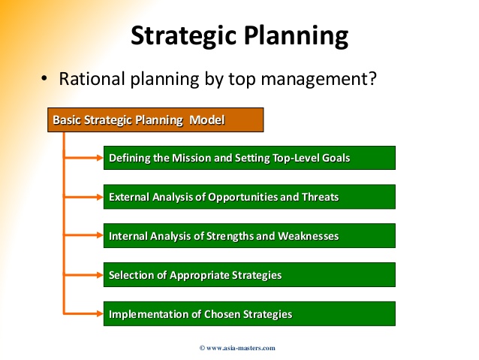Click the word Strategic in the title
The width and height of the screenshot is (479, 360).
click(x=184, y=36)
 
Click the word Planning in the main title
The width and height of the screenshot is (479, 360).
click(x=296, y=36)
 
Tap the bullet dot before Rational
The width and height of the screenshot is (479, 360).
click(x=44, y=79)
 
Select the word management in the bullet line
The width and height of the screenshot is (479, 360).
click(x=315, y=80)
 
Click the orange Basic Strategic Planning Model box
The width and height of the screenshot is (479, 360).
click(x=155, y=120)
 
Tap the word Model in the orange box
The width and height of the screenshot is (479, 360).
click(x=206, y=120)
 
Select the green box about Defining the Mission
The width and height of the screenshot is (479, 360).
click(x=249, y=158)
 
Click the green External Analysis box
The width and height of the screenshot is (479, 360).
click(x=249, y=197)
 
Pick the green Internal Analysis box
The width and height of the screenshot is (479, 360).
click(x=249, y=235)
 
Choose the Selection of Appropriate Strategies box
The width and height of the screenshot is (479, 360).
click(x=249, y=274)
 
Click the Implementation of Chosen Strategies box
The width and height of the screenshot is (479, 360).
click(x=249, y=314)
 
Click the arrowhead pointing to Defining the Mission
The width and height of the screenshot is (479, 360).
click(x=100, y=158)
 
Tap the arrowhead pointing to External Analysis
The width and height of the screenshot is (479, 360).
click(x=100, y=197)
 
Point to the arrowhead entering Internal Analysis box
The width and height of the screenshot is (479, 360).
click(x=100, y=235)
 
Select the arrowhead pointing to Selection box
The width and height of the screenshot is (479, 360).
click(x=100, y=275)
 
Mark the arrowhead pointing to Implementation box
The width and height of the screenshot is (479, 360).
click(x=100, y=313)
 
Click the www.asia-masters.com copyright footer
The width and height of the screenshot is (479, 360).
click(x=237, y=348)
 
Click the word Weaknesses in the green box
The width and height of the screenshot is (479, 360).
click(x=309, y=236)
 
